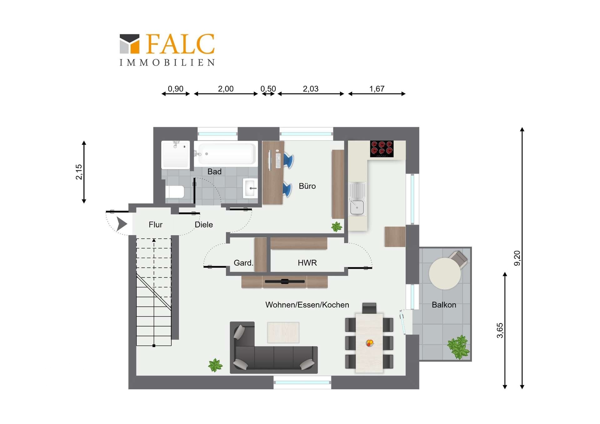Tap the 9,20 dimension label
coord(517,258)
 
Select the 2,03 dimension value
coord(311,89)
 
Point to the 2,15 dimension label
coord(79,172)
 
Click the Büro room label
coord(307,186)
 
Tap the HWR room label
coord(307,263)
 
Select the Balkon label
coord(444,305)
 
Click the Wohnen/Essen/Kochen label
coord(307,305)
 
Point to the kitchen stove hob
coord(382,149)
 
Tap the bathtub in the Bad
coord(226,154)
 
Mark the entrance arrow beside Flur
coord(121,224)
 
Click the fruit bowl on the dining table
coord(370,343)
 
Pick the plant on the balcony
coord(458,347)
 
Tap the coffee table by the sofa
coord(283,332)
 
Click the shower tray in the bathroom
coord(176,155)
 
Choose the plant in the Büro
coord(337,227)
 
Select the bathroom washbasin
coord(250,188)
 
